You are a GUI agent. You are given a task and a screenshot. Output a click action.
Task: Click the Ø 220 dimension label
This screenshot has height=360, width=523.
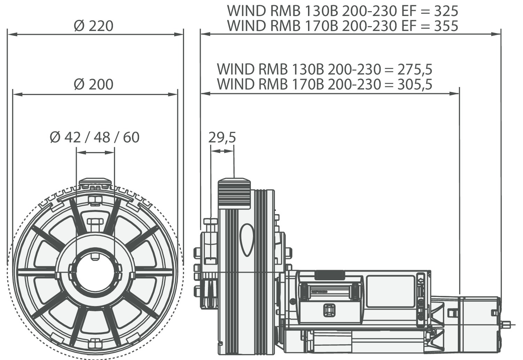[x=94, y=26]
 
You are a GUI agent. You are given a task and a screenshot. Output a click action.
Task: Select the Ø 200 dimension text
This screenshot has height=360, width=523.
[x=94, y=85]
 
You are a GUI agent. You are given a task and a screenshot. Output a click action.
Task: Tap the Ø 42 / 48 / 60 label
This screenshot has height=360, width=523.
[x=94, y=138]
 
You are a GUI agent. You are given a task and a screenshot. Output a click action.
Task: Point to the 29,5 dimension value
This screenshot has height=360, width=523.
[x=222, y=138]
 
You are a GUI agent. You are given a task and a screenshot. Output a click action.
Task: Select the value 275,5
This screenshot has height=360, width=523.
[x=415, y=69]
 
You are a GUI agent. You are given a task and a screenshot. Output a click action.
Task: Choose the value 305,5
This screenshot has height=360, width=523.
[x=415, y=84]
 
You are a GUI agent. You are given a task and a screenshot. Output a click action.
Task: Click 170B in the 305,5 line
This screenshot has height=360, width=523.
[x=305, y=84]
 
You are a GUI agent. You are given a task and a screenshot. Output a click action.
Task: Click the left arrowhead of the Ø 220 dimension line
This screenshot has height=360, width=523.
[x=10, y=34]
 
